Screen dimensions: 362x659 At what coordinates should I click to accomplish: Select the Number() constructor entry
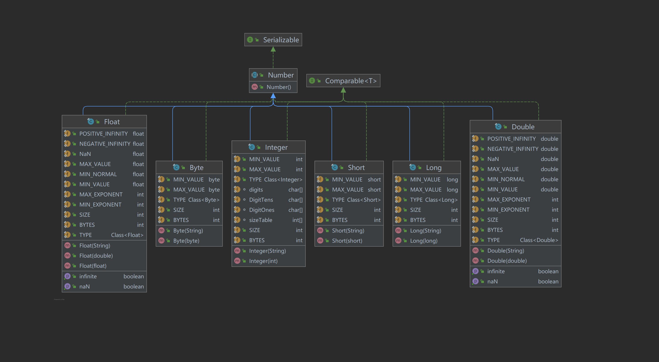pyautogui.click(x=279, y=87)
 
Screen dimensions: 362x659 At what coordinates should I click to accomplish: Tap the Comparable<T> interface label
pyautogui.click(x=350, y=81)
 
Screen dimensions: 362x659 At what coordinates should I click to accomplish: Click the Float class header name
pyautogui.click(x=112, y=122)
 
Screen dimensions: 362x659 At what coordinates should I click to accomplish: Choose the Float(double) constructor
pyautogui.click(x=96, y=256)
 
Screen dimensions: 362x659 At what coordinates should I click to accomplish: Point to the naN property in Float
pyautogui.click(x=84, y=287)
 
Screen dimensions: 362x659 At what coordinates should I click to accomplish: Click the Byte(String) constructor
pyautogui.click(x=188, y=231)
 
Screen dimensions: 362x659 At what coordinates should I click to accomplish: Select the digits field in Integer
pyautogui.click(x=256, y=190)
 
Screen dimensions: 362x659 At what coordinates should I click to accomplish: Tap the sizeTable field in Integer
pyautogui.click(x=260, y=220)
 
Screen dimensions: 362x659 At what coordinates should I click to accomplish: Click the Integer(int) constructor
pyautogui.click(x=263, y=261)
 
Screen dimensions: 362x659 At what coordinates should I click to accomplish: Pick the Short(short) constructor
pyautogui.click(x=347, y=241)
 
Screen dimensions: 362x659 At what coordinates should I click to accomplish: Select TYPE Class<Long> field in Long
pyautogui.click(x=434, y=200)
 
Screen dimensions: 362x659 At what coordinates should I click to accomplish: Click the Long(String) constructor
pyautogui.click(x=425, y=231)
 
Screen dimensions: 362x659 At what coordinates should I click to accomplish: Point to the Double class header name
pyautogui.click(x=523, y=127)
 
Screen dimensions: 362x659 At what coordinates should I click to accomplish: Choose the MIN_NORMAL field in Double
pyautogui.click(x=506, y=179)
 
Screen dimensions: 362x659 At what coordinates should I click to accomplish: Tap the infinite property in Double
pyautogui.click(x=496, y=271)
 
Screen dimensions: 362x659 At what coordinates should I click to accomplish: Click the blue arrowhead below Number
pyautogui.click(x=273, y=96)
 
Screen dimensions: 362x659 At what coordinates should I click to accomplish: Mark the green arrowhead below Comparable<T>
pyautogui.click(x=343, y=90)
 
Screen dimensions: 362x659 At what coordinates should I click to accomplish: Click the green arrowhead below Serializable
pyautogui.click(x=273, y=49)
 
